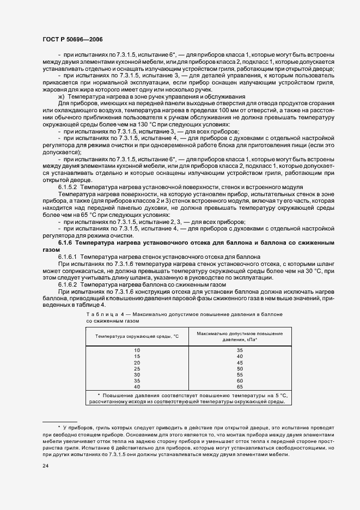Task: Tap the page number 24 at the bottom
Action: (x=45, y=466)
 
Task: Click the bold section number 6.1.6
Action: (x=66, y=241)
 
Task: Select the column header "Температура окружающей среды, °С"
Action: (x=137, y=337)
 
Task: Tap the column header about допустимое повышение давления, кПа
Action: (x=239, y=336)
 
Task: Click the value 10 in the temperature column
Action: (x=137, y=350)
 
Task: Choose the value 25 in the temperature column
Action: (x=137, y=369)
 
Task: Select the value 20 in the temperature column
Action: (x=137, y=362)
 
